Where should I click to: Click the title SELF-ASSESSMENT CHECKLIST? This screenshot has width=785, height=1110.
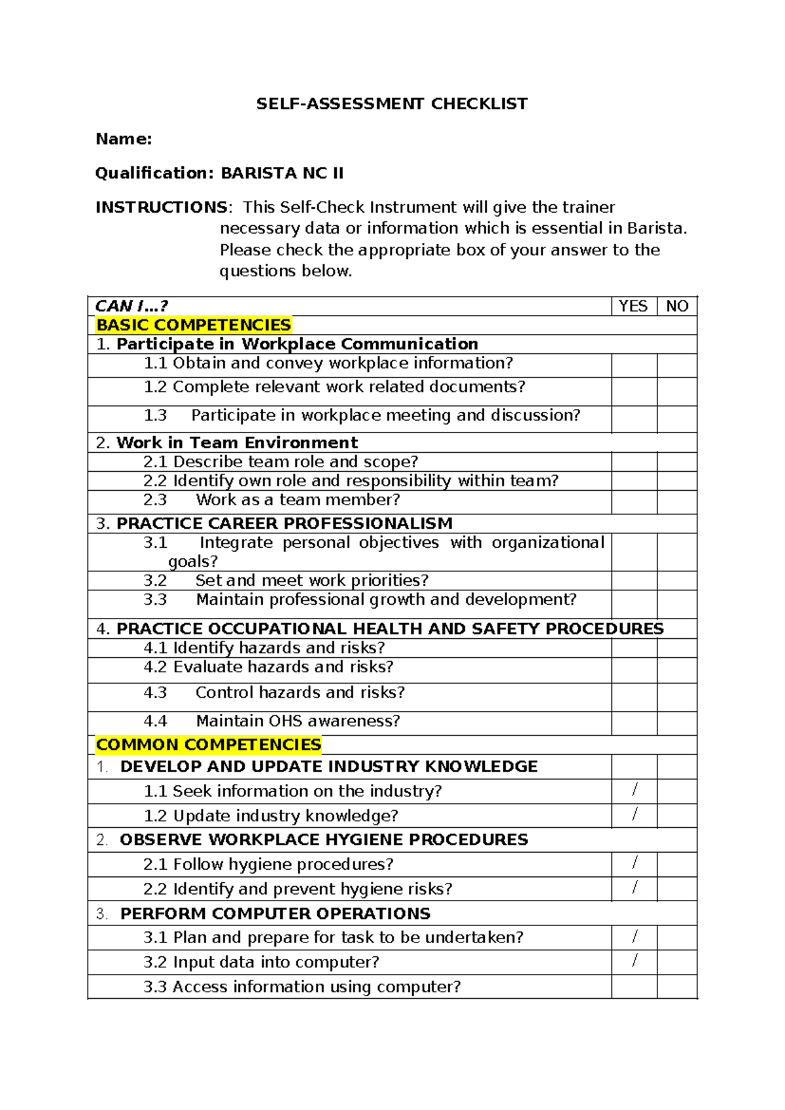coord(392,104)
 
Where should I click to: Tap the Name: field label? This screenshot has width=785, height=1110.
coord(124,139)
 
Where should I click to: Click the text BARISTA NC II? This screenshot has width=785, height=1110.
coord(282,173)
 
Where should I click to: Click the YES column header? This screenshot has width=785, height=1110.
coord(633,306)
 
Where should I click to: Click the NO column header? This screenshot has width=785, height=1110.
coord(677,306)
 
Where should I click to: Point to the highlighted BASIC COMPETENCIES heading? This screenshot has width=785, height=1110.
coord(194,325)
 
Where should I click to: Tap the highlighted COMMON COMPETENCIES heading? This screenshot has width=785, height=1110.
coord(209,745)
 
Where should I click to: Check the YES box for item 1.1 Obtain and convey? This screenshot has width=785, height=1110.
coord(634,365)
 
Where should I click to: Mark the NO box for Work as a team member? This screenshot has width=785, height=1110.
coord(677,502)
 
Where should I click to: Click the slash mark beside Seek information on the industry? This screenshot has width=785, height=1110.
coord(635,790)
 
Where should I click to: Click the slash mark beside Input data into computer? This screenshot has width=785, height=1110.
coord(635,961)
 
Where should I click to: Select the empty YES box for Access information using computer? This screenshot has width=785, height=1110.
coord(634,986)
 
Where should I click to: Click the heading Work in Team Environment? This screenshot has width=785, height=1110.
coord(237,442)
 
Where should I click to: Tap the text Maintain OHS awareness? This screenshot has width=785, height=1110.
coord(298,721)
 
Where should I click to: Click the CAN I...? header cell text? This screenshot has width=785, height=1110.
coord(131,306)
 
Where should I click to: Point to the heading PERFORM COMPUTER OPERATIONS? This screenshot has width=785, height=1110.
coord(275,914)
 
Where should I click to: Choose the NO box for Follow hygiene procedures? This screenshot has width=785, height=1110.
coord(677,864)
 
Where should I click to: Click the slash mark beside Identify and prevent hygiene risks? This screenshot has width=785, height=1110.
coord(635,887)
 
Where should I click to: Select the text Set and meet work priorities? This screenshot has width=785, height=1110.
coord(312,581)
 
